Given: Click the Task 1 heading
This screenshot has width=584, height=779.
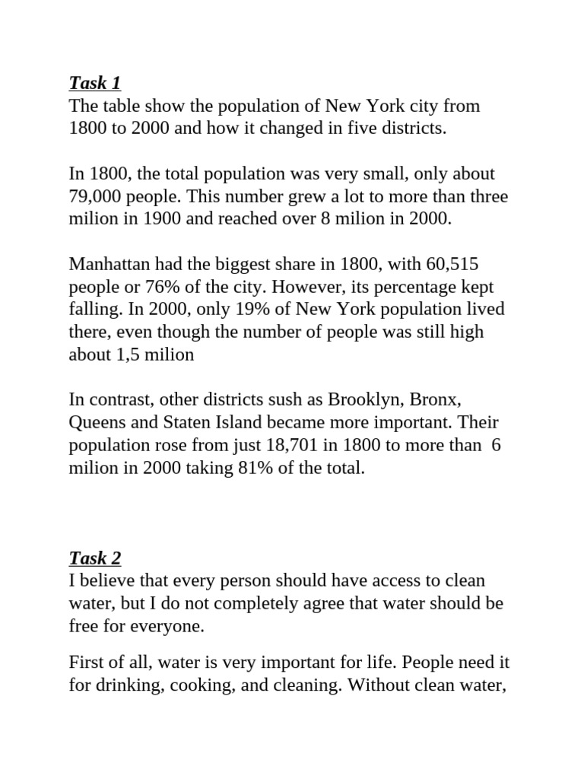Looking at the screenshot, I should click(x=94, y=82).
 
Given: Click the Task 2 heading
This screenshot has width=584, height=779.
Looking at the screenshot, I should click(x=94, y=558).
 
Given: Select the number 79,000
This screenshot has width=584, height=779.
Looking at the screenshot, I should click(x=94, y=196).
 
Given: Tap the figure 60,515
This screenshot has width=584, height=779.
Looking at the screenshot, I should click(x=453, y=265).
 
